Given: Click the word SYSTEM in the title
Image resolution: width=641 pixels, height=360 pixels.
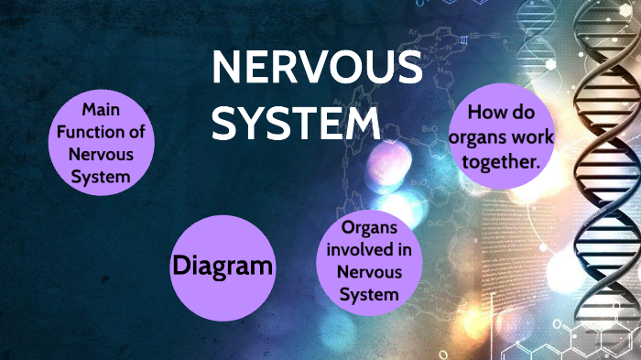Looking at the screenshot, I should tap(295, 122).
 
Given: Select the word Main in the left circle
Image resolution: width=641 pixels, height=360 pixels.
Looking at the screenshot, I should tap(101, 110).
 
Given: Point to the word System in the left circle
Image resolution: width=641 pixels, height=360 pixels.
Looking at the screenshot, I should tap(101, 175).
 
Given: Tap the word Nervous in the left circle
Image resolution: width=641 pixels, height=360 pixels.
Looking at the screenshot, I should tap(101, 154).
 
